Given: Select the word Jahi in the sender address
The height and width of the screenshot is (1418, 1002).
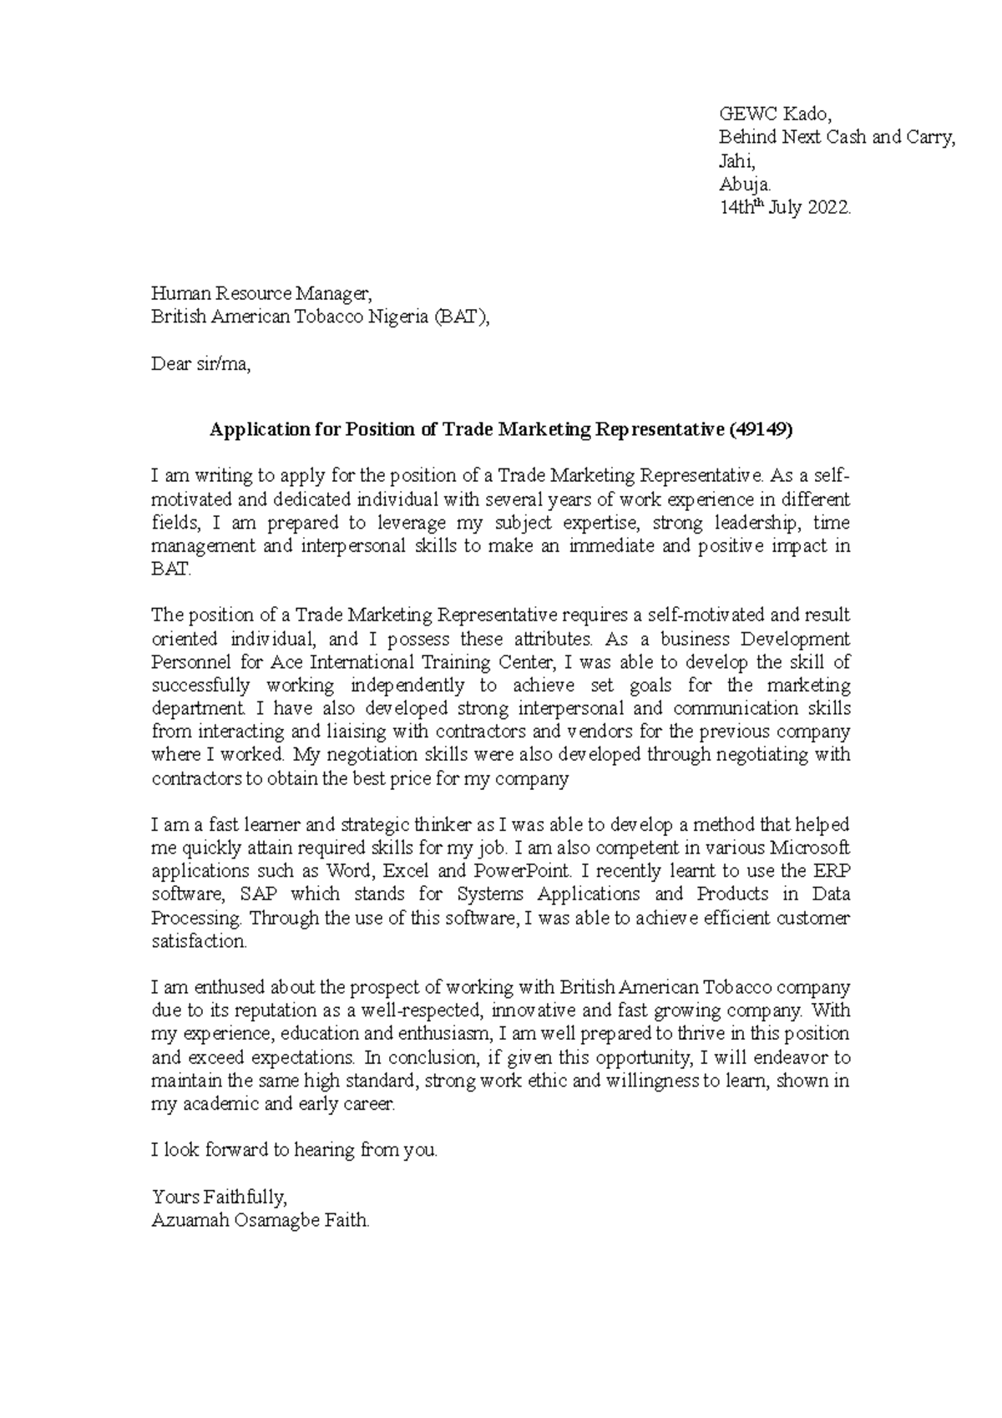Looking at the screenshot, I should tap(736, 161).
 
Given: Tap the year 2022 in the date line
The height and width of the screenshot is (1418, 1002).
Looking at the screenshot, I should tap(829, 208).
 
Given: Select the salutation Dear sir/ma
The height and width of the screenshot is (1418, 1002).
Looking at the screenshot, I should tap(200, 364).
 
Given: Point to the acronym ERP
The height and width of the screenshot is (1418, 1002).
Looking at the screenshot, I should tap(832, 871).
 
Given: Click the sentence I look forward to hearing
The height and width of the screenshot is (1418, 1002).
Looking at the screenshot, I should tap(294, 1150).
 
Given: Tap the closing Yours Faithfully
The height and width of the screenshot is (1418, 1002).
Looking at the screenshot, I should tap(219, 1197).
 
